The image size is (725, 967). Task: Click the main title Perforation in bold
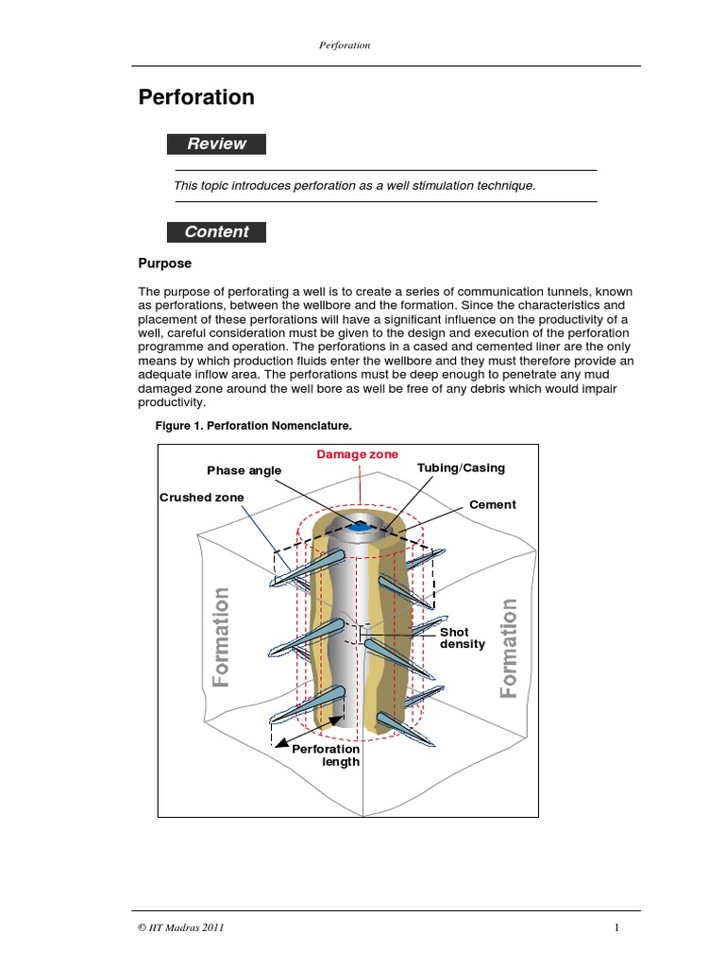pyautogui.click(x=196, y=97)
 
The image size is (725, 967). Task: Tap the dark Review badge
pyautogui.click(x=216, y=144)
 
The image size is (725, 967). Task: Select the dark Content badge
pyautogui.click(x=216, y=232)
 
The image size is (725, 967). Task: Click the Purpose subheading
pyautogui.click(x=165, y=264)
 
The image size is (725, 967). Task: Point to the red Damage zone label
pyautogui.click(x=357, y=454)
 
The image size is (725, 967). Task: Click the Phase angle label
pyautogui.click(x=245, y=470)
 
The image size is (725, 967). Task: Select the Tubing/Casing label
pyautogui.click(x=461, y=468)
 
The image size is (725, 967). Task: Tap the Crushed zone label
pyautogui.click(x=201, y=498)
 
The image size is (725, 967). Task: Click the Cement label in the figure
pyautogui.click(x=493, y=505)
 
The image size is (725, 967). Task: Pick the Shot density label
pyautogui.click(x=462, y=638)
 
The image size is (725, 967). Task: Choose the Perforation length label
pyautogui.click(x=326, y=755)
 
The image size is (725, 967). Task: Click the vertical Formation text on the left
pyautogui.click(x=221, y=637)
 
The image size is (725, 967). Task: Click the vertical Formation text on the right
pyautogui.click(x=509, y=648)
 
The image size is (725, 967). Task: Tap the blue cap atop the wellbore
pyautogui.click(x=359, y=524)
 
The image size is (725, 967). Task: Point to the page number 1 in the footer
pyautogui.click(x=615, y=928)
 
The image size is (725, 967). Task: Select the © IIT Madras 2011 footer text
pyautogui.click(x=180, y=928)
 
